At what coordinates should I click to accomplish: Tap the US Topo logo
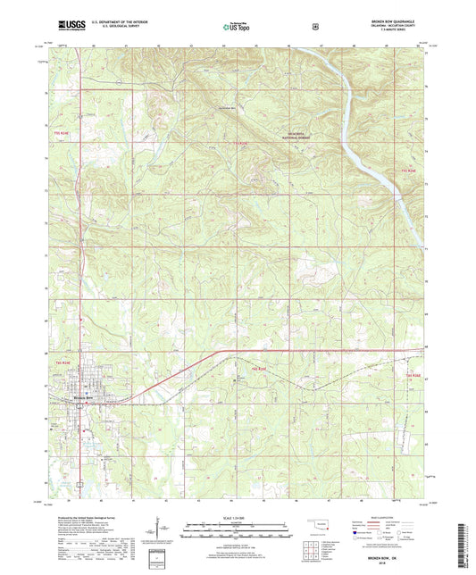click(237, 28)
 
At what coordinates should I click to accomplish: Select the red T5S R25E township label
click(238, 143)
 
